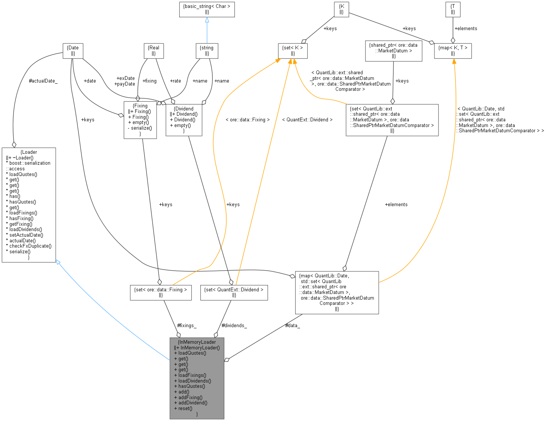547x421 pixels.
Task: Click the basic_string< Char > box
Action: (207, 9)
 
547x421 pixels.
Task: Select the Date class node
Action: (73, 51)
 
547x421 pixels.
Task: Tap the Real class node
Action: (154, 51)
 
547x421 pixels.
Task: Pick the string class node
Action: (207, 51)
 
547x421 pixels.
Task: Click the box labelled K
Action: (341, 9)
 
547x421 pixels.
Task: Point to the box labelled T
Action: (453, 9)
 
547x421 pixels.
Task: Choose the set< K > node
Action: (293, 51)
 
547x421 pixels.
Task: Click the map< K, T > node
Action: (453, 51)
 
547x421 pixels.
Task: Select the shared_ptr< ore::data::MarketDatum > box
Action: (393, 51)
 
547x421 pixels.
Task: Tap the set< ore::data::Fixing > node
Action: (160, 292)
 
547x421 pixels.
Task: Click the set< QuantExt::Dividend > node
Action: (234, 292)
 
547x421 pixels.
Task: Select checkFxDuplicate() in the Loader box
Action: (30, 246)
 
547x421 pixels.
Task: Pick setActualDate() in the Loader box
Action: (26, 235)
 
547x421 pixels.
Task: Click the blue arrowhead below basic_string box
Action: (207, 20)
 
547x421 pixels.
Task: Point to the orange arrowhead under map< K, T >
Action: (454, 61)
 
